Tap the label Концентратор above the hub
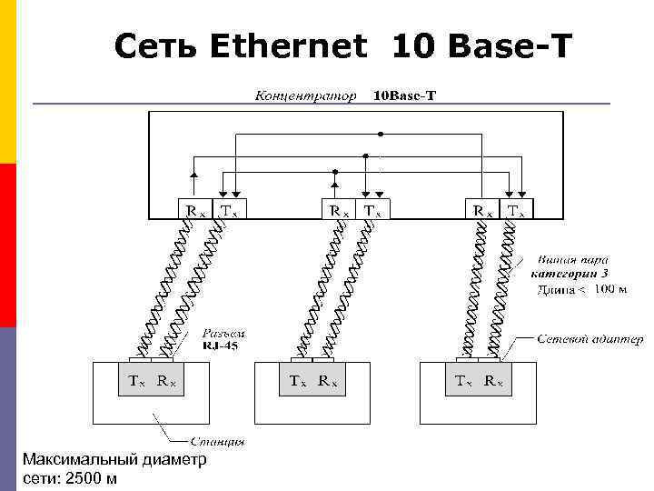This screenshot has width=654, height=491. [305, 95]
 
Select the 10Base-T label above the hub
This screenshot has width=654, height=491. [405, 95]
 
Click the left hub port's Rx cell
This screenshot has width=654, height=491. [196, 210]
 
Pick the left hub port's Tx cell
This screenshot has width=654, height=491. [231, 210]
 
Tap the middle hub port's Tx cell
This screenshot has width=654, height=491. [373, 210]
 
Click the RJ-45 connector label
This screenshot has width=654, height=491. [222, 345]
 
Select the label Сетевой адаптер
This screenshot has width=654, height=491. [590, 339]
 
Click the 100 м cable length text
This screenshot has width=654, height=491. [610, 289]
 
